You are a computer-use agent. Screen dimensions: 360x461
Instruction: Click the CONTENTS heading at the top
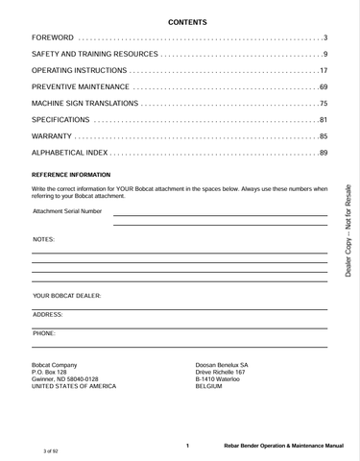point(180,21)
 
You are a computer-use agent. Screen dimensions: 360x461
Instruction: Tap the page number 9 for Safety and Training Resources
point(325,54)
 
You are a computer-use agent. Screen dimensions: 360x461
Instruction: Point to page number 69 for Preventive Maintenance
point(324,87)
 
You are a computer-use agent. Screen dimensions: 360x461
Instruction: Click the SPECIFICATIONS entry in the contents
point(60,120)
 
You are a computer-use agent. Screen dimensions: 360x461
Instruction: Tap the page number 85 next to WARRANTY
point(324,136)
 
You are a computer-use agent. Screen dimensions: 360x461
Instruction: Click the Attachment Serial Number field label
point(67,211)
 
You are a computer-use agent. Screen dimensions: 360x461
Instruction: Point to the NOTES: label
point(44,238)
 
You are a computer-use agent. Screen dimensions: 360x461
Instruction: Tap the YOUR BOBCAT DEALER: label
point(67,296)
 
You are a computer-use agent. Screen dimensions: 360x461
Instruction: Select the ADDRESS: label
point(48,314)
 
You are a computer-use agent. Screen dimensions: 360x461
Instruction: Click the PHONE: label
point(44,332)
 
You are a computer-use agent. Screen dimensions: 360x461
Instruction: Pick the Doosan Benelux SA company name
point(222,365)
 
